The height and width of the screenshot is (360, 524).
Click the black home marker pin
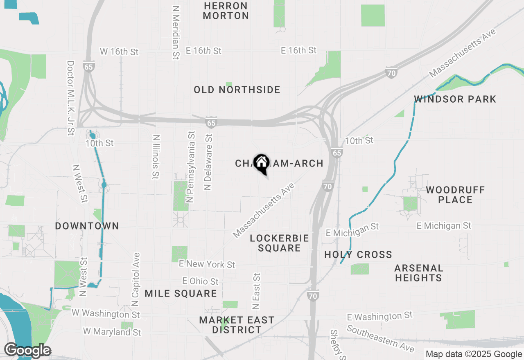261,164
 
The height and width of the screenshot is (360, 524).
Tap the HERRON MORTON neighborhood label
226,11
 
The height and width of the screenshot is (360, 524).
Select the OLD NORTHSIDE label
237,90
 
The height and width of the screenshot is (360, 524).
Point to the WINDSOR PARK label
455,99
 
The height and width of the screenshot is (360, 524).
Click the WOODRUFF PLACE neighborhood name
455,195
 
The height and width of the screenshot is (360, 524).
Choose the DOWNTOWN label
87,226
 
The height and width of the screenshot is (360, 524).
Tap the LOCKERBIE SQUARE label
280,243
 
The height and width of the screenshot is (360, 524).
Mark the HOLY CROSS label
358,254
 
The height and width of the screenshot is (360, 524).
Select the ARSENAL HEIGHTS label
419,273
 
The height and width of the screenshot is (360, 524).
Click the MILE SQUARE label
181,293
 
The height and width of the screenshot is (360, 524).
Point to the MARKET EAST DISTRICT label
237,325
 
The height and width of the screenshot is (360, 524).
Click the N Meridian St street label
176,33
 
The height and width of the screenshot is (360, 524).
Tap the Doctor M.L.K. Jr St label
70,98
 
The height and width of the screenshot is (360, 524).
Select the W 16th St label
120,52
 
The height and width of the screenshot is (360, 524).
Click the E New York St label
207,264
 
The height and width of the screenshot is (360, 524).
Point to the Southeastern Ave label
381,338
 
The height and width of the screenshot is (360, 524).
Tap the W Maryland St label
112,331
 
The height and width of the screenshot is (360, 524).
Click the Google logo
27,351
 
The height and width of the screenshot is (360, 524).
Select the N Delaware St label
208,162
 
